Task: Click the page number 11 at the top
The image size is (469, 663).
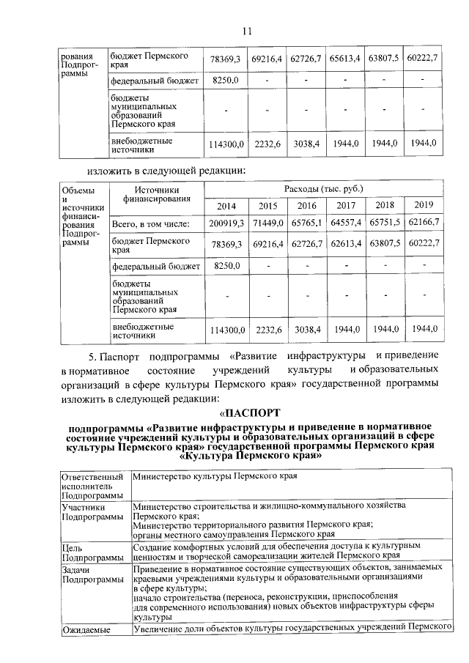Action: coord(247,30)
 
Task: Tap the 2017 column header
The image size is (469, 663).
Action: coord(346,206)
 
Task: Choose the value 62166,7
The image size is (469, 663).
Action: coord(424,223)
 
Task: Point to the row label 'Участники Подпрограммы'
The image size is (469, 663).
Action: coord(92,511)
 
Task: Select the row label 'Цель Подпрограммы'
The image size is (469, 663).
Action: coord(92,552)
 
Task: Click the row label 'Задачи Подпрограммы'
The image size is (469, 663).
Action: coord(92,574)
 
